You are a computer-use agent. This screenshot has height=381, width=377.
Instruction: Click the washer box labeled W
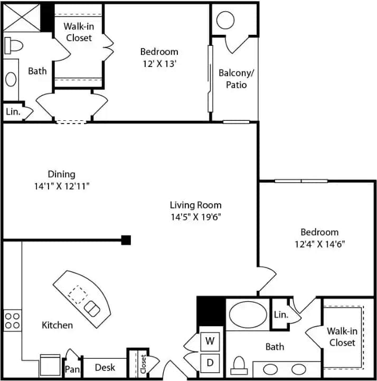(210, 341)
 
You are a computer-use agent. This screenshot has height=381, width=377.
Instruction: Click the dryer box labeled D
(210, 363)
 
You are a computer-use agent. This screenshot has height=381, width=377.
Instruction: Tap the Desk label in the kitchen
(105, 367)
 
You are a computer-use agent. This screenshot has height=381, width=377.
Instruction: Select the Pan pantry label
(72, 369)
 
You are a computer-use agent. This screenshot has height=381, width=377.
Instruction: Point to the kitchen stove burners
(13, 321)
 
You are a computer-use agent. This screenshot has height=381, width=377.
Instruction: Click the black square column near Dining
(126, 240)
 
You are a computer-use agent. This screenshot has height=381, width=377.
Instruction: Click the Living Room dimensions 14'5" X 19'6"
(195, 216)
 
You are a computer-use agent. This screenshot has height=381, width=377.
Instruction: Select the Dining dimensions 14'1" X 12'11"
(62, 185)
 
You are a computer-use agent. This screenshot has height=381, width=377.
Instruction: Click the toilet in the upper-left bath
(14, 45)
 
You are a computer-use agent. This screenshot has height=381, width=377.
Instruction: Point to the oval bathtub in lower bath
(248, 314)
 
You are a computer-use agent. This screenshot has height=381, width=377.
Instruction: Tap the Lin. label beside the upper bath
(12, 112)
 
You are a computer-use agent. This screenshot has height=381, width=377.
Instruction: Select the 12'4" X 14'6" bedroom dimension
(319, 244)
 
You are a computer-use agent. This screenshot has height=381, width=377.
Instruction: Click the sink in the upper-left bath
(11, 79)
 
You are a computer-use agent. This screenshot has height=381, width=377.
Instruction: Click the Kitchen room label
(57, 325)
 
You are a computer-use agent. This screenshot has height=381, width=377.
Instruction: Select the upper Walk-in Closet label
(78, 32)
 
